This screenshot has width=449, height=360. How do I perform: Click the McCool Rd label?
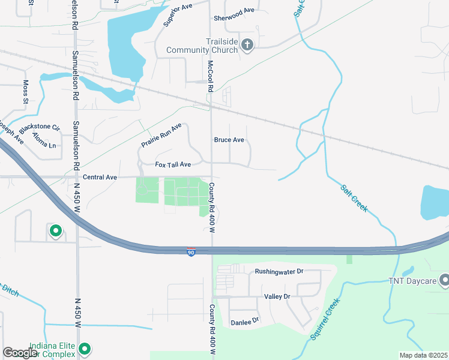tap(211, 76)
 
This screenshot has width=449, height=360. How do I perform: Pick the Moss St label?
tap(25, 91)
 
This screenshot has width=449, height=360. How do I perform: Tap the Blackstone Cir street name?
tap(40, 128)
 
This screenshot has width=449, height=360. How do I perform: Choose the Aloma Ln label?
tap(44, 146)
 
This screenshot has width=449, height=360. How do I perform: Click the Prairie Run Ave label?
tap(161, 136)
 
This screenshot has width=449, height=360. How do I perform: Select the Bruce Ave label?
tap(229, 140)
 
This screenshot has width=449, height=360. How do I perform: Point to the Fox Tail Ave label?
tap(173, 164)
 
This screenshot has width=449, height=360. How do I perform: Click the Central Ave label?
tap(100, 177)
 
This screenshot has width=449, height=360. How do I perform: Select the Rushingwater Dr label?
tap(280, 271)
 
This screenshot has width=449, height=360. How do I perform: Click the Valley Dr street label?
tap(277, 297)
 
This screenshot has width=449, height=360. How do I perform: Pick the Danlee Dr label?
tap(244, 322)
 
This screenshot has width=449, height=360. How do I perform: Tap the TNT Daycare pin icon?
tap(445, 280)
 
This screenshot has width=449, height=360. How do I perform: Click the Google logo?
tap(20, 353)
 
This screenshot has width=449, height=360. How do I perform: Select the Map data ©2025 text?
tap(423, 355)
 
